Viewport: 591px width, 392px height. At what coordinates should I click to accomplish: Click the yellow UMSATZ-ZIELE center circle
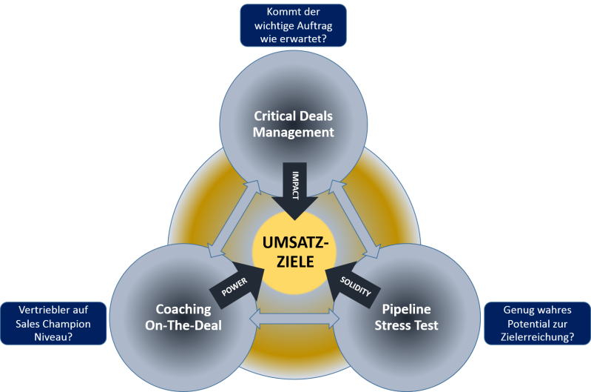click(295, 252)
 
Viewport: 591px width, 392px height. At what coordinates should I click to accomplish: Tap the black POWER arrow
click(235, 285)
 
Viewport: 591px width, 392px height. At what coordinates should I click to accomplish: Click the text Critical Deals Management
click(294, 124)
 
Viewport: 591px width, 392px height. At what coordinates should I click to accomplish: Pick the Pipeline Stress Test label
click(406, 317)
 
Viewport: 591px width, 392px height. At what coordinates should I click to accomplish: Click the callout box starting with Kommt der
click(294, 25)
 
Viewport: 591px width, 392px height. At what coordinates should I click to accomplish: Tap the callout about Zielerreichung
click(537, 324)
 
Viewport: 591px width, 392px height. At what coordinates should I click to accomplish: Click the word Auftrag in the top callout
click(311, 25)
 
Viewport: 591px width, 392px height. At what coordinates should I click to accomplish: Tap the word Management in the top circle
click(294, 133)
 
